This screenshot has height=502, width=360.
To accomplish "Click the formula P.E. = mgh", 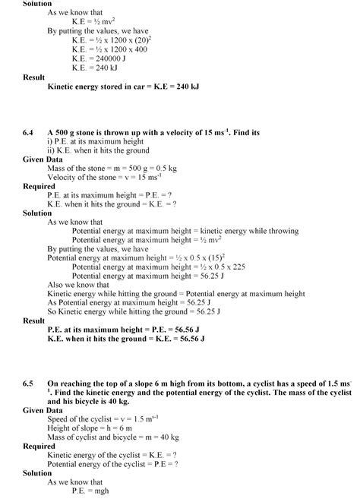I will click(93, 491).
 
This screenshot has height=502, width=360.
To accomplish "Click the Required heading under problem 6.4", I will click(39, 186).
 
